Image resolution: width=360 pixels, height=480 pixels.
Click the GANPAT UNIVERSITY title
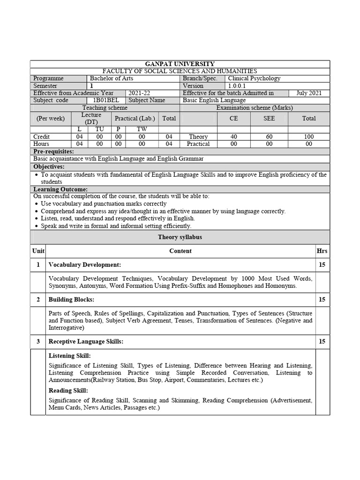click(180, 64)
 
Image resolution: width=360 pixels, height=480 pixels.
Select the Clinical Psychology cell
click(254, 78)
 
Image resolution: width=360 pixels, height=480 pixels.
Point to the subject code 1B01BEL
click(106, 100)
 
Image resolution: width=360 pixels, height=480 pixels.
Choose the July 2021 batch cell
click(309, 93)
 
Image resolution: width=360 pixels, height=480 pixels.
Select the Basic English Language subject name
click(214, 100)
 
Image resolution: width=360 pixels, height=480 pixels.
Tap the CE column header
click(233, 118)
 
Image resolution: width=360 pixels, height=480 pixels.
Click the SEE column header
click(269, 118)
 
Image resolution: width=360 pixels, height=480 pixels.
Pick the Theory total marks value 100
click(309, 136)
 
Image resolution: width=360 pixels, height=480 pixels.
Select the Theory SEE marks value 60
click(269, 136)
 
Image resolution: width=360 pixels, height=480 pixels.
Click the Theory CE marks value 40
click(233, 136)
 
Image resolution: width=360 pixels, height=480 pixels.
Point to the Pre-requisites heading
click(54, 152)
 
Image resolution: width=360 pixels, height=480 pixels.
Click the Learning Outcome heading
click(60, 189)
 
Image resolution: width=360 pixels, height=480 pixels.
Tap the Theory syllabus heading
click(180, 237)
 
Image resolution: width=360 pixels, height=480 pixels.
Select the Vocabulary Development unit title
click(85, 265)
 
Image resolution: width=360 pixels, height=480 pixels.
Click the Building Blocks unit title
click(71, 299)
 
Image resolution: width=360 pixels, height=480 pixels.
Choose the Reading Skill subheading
click(68, 390)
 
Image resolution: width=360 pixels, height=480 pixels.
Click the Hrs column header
click(322, 251)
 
